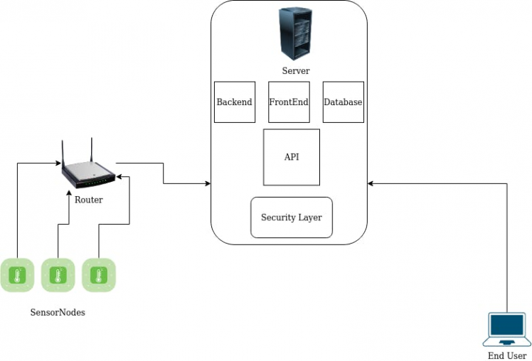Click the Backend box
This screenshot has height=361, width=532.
point(234,102)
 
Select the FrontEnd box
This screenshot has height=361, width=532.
point(289,102)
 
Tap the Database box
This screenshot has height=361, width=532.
point(343,102)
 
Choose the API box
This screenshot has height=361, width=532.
point(291,157)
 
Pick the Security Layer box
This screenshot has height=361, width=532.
point(292,217)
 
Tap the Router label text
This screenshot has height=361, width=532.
point(88,200)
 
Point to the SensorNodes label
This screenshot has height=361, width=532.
point(58,312)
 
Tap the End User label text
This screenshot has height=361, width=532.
point(506,355)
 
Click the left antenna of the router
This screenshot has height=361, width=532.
point(63,153)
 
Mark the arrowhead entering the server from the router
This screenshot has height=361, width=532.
point(208,184)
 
